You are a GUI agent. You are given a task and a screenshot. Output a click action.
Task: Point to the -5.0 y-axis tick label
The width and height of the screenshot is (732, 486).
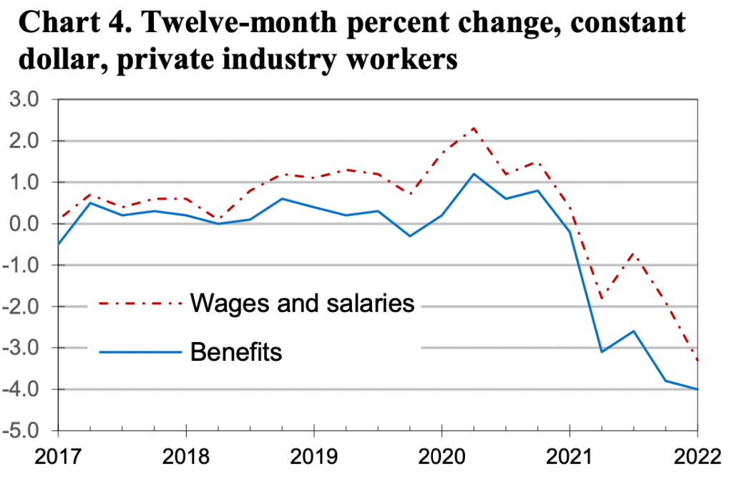(x=26, y=431)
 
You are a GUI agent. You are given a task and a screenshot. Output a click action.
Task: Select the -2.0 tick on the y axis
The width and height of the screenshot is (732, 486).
(x=26, y=307)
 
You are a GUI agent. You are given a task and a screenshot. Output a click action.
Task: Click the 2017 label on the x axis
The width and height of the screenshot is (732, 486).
(x=57, y=455)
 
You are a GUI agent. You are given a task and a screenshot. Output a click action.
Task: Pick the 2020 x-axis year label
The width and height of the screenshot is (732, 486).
(x=441, y=455)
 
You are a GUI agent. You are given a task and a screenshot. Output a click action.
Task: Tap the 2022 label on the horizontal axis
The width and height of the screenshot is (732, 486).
(x=697, y=455)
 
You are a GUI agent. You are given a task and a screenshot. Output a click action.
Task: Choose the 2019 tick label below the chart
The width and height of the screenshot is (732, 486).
(x=313, y=455)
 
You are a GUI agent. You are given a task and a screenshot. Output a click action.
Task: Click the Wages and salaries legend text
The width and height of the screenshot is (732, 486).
(x=302, y=303)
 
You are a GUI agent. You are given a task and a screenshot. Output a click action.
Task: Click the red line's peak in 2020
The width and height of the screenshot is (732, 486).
(x=474, y=129)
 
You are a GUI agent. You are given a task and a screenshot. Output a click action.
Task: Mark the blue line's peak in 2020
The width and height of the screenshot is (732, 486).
(x=474, y=174)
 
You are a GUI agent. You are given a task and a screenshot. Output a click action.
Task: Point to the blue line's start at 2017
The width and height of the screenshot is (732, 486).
(x=58, y=244)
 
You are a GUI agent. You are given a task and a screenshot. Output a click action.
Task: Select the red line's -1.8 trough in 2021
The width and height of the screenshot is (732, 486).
(x=602, y=298)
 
